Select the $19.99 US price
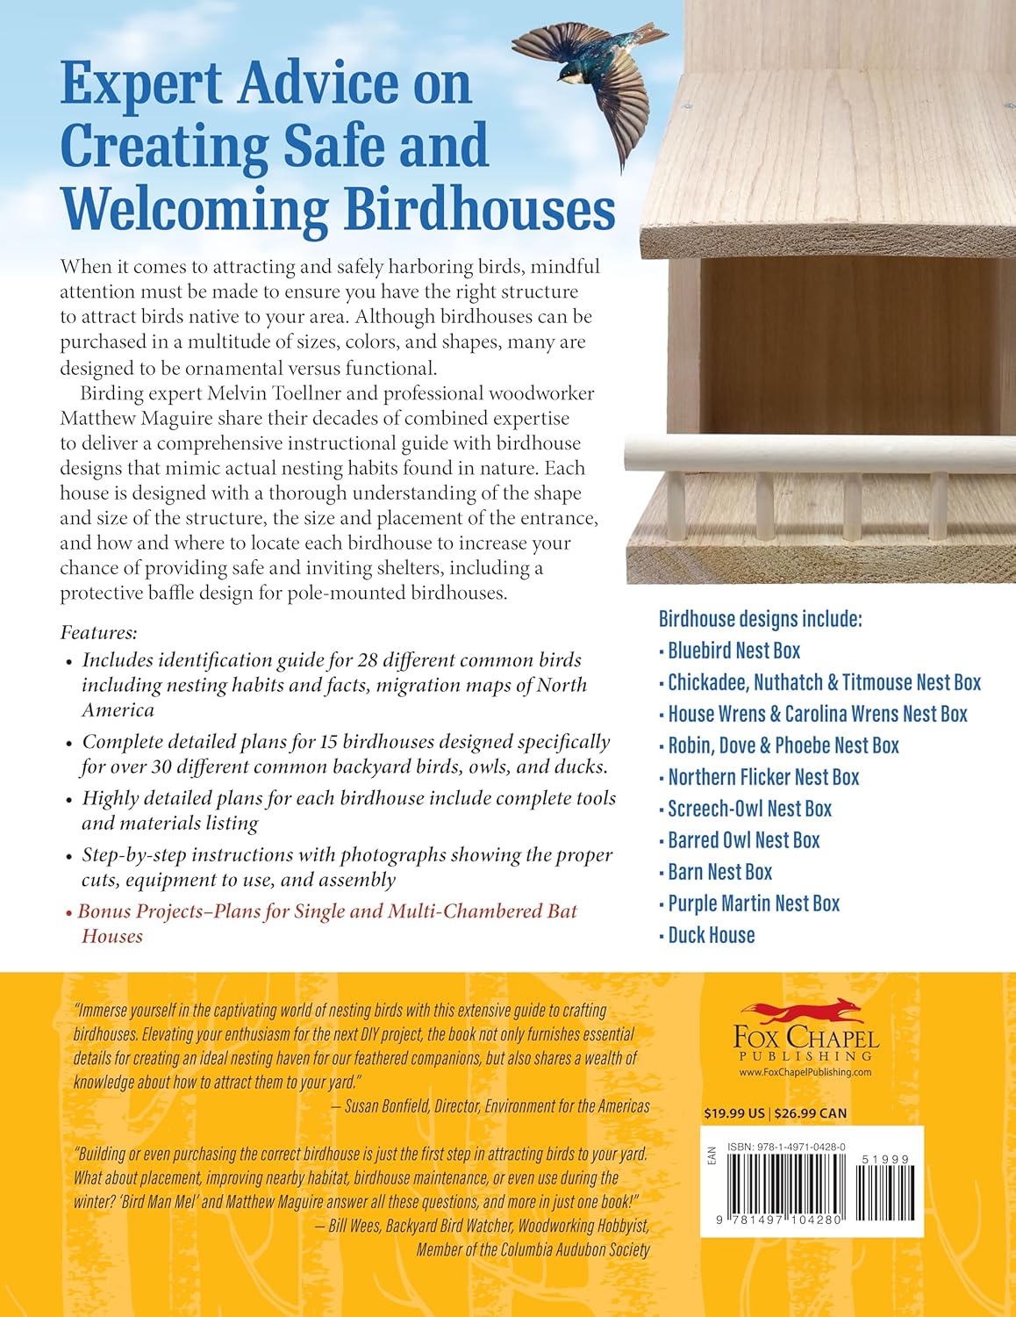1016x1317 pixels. click(734, 1113)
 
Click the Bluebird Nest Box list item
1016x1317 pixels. click(733, 651)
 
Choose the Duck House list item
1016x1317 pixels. click(711, 935)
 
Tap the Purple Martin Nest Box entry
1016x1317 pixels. click(754, 903)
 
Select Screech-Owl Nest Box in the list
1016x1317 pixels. click(749, 809)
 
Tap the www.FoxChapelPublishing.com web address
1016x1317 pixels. click(805, 1072)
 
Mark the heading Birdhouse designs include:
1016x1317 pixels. click(760, 619)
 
